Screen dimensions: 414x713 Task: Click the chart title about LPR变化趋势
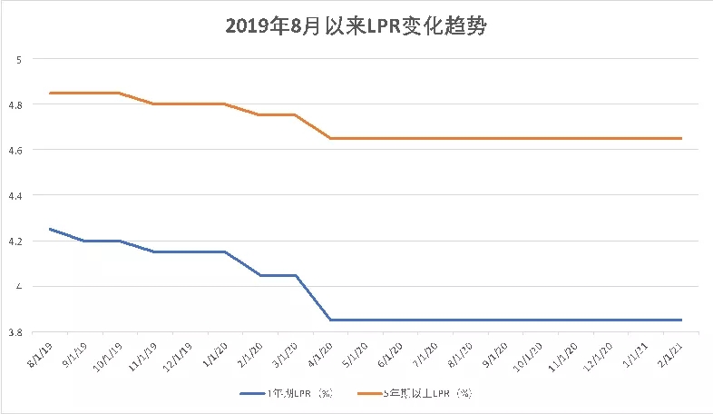(356, 28)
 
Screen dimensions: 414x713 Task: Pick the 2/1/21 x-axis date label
(670, 354)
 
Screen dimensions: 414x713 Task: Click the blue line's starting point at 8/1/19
(49, 229)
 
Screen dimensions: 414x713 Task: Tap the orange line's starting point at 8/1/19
(49, 93)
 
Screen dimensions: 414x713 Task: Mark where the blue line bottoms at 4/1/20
(330, 320)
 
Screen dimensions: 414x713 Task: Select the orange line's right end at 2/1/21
(680, 138)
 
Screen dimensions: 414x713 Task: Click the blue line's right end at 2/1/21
(680, 320)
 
